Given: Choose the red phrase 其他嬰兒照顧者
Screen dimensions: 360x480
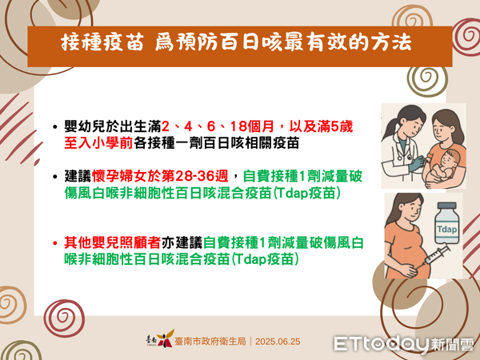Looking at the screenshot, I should click(x=106, y=241).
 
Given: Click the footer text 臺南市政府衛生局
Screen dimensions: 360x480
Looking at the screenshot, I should click(x=211, y=341).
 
